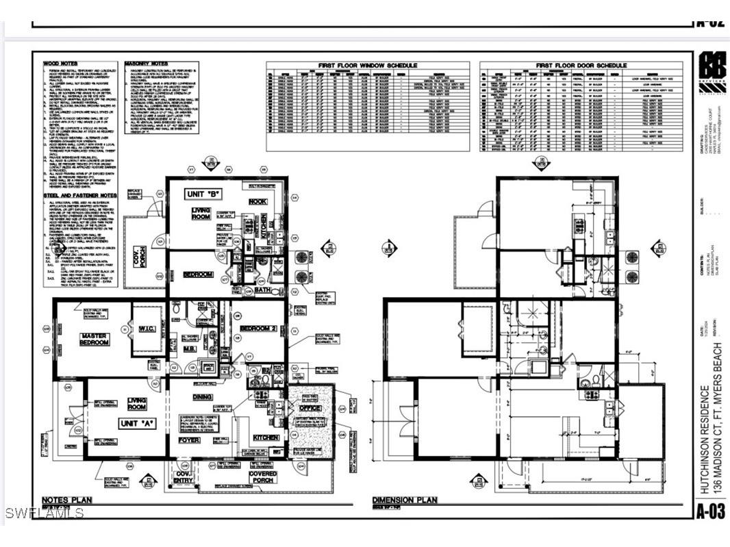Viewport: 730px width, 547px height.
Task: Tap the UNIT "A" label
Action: point(138,424)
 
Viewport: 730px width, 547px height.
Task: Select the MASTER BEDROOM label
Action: point(94,339)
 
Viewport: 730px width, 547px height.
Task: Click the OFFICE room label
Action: point(310,408)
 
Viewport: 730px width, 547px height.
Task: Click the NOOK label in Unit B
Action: point(258,201)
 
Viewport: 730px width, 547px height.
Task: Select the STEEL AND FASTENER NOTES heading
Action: point(79,195)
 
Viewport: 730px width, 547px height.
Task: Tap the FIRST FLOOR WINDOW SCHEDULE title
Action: point(367,65)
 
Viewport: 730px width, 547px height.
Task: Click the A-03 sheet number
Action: point(711,509)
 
